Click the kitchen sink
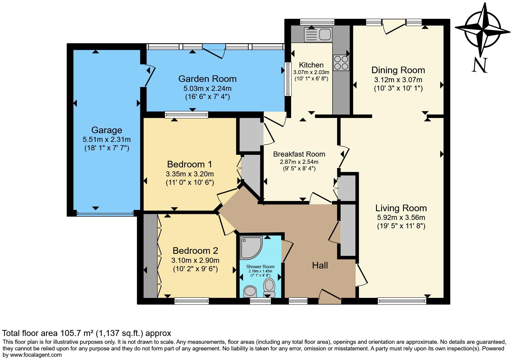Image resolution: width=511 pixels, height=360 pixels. (x=318, y=34)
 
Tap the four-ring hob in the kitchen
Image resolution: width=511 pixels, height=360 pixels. (x=341, y=63)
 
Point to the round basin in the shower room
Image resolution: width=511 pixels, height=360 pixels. (x=250, y=291)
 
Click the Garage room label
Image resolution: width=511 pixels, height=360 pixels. (x=106, y=130)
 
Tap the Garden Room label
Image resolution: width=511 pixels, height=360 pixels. (x=207, y=79)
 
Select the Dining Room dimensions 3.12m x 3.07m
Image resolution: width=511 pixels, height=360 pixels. (x=398, y=80)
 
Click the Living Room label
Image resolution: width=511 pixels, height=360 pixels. (x=401, y=208)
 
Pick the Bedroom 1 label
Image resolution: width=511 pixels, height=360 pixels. (x=190, y=164)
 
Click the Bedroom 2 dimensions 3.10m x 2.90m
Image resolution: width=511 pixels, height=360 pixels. (x=195, y=260)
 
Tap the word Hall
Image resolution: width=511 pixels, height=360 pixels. (x=320, y=265)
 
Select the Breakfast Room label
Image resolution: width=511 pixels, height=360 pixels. (x=299, y=154)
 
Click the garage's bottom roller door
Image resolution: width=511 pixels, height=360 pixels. (x=105, y=214)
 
